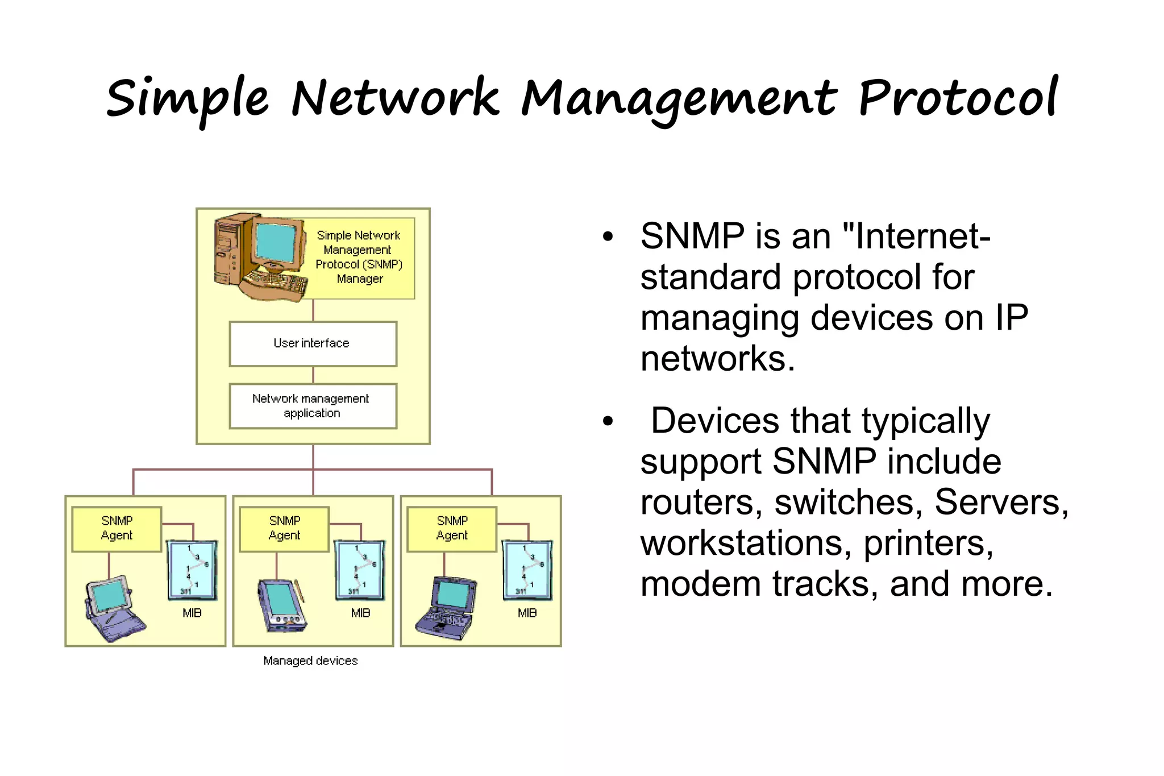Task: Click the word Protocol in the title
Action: (x=958, y=98)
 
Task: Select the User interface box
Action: (x=313, y=344)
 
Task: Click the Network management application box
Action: (x=313, y=406)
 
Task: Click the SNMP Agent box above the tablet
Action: (x=117, y=529)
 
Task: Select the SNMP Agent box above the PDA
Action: (x=284, y=529)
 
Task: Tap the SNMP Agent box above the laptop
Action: (x=452, y=529)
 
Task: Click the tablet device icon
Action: (x=114, y=608)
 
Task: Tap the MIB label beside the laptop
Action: (x=527, y=613)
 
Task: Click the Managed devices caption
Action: (x=310, y=661)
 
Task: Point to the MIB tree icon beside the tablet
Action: (x=192, y=570)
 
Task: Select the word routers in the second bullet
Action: (x=701, y=503)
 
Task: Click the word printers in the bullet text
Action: (x=928, y=543)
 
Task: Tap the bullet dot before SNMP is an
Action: (x=608, y=236)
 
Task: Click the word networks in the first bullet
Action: (x=717, y=359)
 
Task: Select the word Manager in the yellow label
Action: (x=360, y=279)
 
